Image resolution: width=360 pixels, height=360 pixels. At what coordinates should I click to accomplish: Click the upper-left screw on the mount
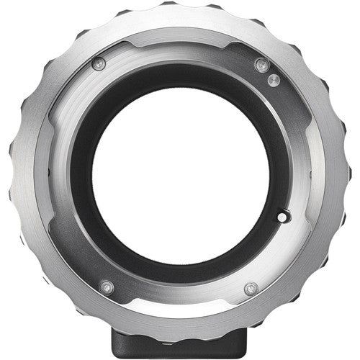99,63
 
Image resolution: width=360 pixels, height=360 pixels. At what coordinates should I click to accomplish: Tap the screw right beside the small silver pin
261,66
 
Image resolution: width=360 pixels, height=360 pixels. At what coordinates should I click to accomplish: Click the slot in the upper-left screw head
99,63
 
